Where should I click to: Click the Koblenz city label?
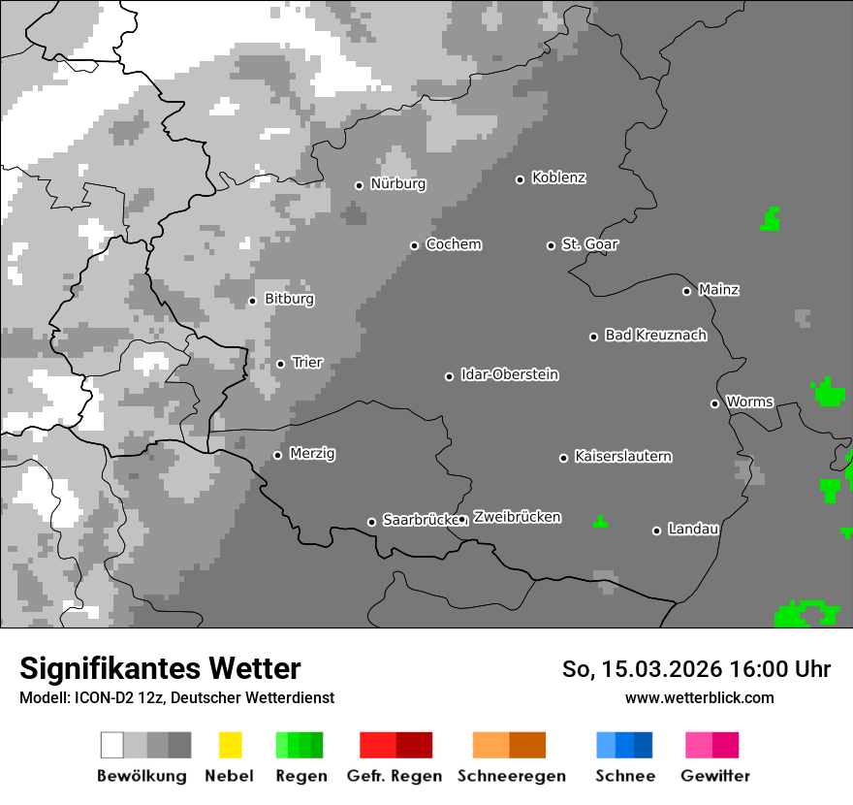(x=559, y=178)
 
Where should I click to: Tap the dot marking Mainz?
(x=686, y=291)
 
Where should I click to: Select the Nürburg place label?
(x=398, y=183)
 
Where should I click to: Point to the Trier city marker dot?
(x=280, y=364)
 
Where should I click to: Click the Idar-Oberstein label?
(x=510, y=375)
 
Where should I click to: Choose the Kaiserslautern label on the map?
(x=623, y=457)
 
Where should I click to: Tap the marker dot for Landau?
(x=656, y=531)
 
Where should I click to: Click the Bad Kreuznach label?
(x=655, y=336)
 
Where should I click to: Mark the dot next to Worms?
(x=714, y=403)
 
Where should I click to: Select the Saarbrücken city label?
(x=418, y=521)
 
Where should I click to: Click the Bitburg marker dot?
(x=252, y=301)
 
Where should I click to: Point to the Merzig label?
(x=312, y=454)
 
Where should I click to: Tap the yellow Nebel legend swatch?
(x=230, y=745)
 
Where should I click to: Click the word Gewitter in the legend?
(x=715, y=776)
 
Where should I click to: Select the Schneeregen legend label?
(x=512, y=776)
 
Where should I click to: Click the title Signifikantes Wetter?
(x=160, y=669)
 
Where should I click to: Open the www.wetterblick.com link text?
(x=700, y=697)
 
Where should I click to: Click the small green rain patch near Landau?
(x=600, y=523)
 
